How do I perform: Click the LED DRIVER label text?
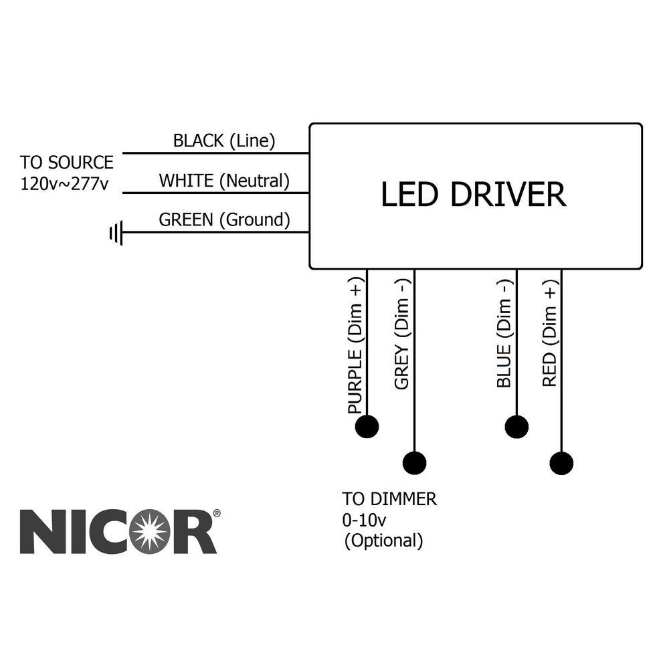(x=474, y=195)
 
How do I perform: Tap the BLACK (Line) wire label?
(x=224, y=141)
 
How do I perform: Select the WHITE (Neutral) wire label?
(x=224, y=181)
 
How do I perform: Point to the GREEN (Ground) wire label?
(x=224, y=219)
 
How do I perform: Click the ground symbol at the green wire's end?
(x=116, y=233)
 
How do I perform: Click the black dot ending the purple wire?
(x=367, y=426)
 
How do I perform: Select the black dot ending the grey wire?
(x=415, y=462)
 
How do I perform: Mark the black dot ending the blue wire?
(x=516, y=426)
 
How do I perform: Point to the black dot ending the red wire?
(x=561, y=462)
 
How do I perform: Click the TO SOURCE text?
(x=66, y=163)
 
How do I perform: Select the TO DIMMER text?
(x=389, y=499)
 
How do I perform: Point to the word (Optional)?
(x=383, y=541)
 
